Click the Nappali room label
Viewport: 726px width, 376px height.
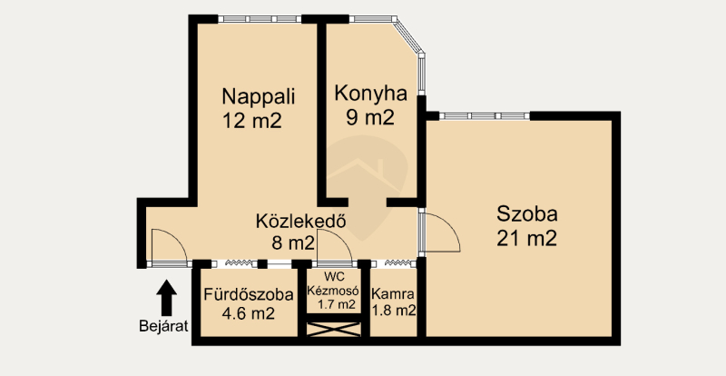tap(259, 97)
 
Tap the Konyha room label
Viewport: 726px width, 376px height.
tap(371, 94)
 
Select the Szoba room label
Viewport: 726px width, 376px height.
tap(527, 214)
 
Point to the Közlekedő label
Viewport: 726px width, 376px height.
tap(301, 221)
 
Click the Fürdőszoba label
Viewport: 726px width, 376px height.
tap(249, 295)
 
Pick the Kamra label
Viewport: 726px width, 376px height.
tap(393, 294)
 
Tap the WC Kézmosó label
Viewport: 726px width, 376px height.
tap(334, 284)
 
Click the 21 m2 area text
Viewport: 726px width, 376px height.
tap(527, 239)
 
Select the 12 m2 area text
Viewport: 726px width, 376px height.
tap(252, 121)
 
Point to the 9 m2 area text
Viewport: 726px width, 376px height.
tap(370, 118)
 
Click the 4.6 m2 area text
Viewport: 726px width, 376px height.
tap(249, 314)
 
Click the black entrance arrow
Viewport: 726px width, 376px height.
tap(166, 298)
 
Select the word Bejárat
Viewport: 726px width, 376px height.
tap(164, 326)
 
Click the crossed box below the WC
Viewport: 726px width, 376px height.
tap(334, 330)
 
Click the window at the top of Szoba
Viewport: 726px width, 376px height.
tap(485, 116)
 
